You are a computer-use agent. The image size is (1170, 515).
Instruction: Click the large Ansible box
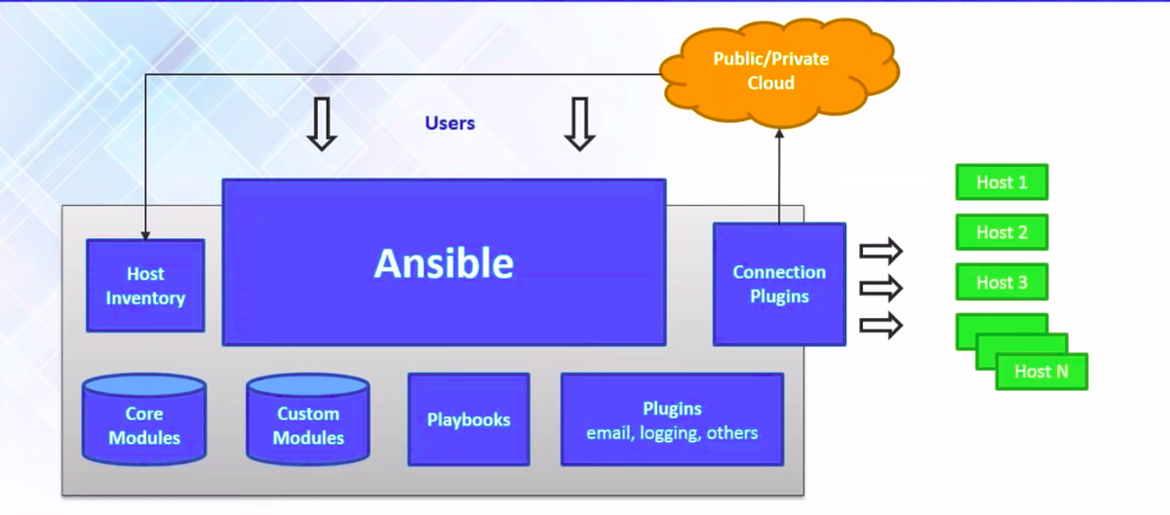click(x=444, y=261)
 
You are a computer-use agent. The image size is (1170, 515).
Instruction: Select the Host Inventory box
click(x=145, y=286)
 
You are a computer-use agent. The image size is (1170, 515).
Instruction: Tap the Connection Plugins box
click(x=779, y=284)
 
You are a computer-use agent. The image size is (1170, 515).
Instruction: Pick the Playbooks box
click(x=468, y=419)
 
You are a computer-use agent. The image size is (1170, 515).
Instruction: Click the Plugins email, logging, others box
click(x=672, y=419)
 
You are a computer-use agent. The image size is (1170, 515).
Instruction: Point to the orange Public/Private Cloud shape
click(x=770, y=71)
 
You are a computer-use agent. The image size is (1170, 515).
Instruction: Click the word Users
click(x=449, y=123)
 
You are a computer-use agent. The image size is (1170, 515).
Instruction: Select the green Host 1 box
click(x=1001, y=182)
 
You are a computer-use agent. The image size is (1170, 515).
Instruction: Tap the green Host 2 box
click(x=1001, y=232)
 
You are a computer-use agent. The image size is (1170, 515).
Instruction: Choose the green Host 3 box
click(x=1001, y=282)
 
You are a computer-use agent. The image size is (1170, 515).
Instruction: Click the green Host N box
click(x=1040, y=372)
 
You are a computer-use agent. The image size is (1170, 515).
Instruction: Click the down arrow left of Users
click(x=322, y=124)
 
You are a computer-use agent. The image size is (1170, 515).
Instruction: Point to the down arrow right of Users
click(x=580, y=124)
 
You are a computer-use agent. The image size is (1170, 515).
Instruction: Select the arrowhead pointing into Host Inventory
click(x=144, y=235)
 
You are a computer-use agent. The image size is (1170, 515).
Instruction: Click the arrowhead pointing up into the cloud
click(x=779, y=136)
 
